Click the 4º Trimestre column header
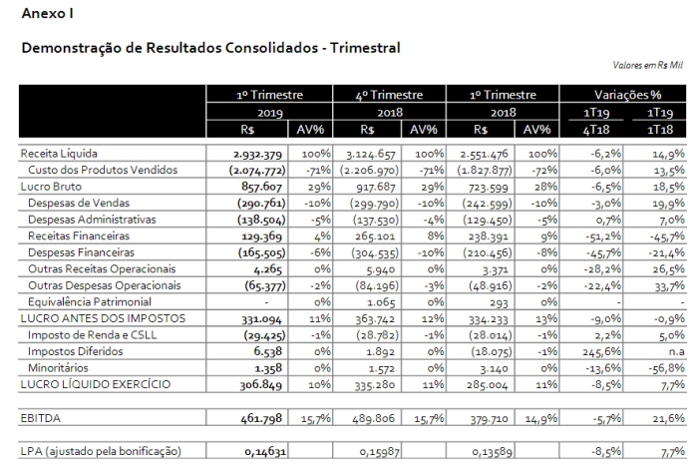pos(389,95)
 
